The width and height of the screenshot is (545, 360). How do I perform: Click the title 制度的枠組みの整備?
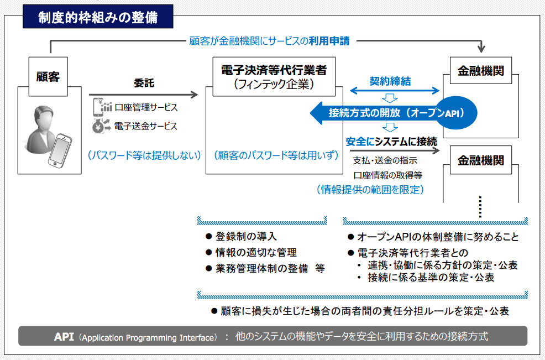pos(98,17)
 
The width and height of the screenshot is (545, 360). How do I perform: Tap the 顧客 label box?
pos(48,76)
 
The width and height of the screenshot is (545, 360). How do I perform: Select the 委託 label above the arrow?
pos(144,83)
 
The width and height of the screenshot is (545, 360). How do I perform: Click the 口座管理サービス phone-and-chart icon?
pos(102,107)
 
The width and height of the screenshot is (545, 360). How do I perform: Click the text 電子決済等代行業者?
pos(274,70)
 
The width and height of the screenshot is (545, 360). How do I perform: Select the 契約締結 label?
pos(390,81)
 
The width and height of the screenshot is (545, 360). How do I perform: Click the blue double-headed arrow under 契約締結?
pos(395,91)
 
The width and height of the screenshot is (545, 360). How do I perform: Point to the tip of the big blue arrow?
pos(310,113)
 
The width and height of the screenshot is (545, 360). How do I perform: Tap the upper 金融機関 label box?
pos(481,71)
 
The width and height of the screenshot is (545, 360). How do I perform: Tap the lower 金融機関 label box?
pos(481,160)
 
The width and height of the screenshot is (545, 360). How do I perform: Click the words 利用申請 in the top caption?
pos(329,41)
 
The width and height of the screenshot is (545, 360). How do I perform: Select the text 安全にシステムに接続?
pos(391,142)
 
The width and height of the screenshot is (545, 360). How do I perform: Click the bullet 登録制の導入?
pos(241,237)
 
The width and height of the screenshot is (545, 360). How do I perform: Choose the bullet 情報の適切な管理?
pos(251,253)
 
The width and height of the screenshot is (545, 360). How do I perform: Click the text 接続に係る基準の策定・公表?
pos(431,277)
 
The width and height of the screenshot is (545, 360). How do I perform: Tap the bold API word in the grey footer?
pos(64,336)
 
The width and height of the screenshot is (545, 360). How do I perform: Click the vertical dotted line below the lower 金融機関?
pos(480,207)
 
